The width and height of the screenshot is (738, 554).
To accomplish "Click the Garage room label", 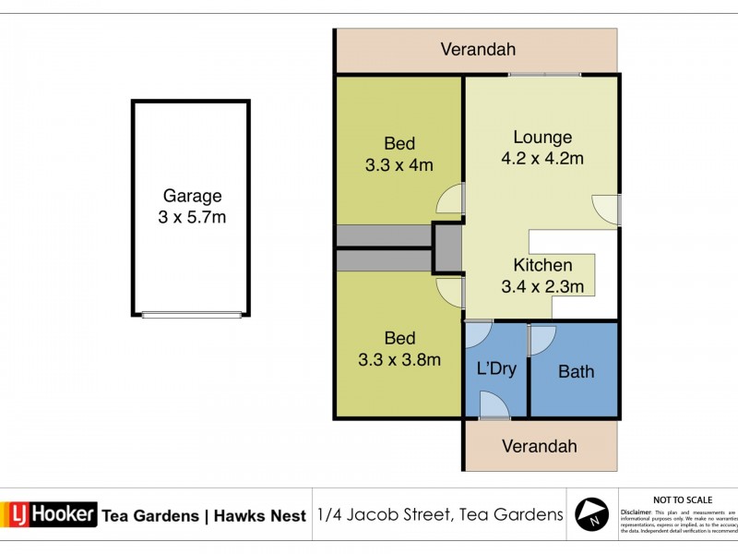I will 192,196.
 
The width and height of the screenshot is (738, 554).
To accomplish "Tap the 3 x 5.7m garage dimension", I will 192,218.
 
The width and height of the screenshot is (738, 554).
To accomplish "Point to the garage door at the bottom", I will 192,314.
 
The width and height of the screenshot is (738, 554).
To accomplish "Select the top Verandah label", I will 477,50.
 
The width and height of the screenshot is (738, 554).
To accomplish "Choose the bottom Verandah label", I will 539,446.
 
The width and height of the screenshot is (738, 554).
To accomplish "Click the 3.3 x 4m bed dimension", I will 399,166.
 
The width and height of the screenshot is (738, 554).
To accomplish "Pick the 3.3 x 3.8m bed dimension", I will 399,360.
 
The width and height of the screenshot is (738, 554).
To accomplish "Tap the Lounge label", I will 542,138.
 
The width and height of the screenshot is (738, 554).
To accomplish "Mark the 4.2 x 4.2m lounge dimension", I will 542,159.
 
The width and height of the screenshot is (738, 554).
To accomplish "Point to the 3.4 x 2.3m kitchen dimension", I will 542,286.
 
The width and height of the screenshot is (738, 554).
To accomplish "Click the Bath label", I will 577,372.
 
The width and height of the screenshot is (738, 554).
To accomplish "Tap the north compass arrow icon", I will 591,513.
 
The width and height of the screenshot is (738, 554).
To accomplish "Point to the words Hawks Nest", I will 260,516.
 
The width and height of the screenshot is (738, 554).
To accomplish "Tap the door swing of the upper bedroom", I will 451,199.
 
